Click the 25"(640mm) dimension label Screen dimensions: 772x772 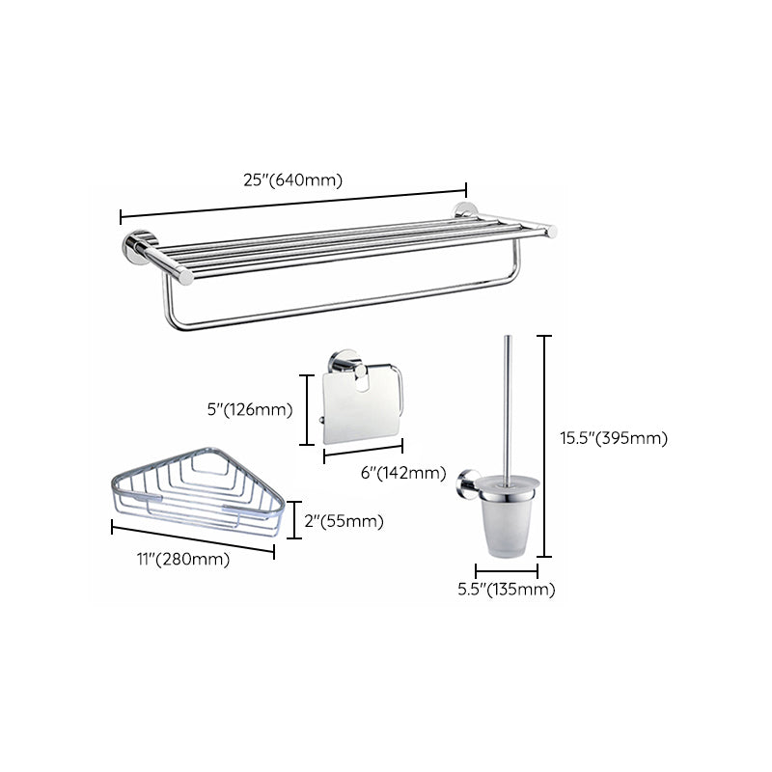click(x=292, y=179)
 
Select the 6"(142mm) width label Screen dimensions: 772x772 click(x=402, y=473)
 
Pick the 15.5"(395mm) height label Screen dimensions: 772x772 click(x=614, y=437)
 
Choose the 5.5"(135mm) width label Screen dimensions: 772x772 click(x=508, y=589)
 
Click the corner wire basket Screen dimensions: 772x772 click(x=198, y=492)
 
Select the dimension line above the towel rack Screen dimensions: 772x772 click(x=292, y=202)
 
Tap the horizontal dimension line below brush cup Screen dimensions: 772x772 click(x=507, y=571)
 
